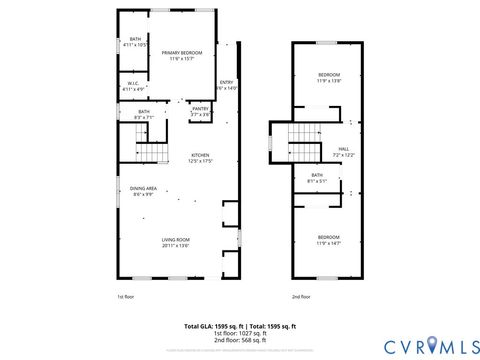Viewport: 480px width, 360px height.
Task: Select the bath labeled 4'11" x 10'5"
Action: click(134, 42)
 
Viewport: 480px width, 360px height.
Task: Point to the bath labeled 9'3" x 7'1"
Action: click(144, 114)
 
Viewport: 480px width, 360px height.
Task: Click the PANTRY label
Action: click(200, 110)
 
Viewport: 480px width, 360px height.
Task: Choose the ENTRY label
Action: click(226, 84)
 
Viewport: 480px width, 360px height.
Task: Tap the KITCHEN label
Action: click(200, 158)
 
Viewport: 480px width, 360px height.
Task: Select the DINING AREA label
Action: click(143, 190)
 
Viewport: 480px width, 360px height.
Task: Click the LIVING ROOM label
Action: click(176, 241)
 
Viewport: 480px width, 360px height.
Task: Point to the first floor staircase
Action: click(150, 152)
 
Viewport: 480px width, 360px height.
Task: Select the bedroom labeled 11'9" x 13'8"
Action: click(329, 78)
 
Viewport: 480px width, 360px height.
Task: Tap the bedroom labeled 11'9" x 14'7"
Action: click(329, 239)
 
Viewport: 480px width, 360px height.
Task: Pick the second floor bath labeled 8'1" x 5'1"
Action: click(318, 178)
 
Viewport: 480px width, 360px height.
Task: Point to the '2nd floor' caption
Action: click(301, 297)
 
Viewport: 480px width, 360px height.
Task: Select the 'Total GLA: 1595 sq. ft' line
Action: click(214, 327)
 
